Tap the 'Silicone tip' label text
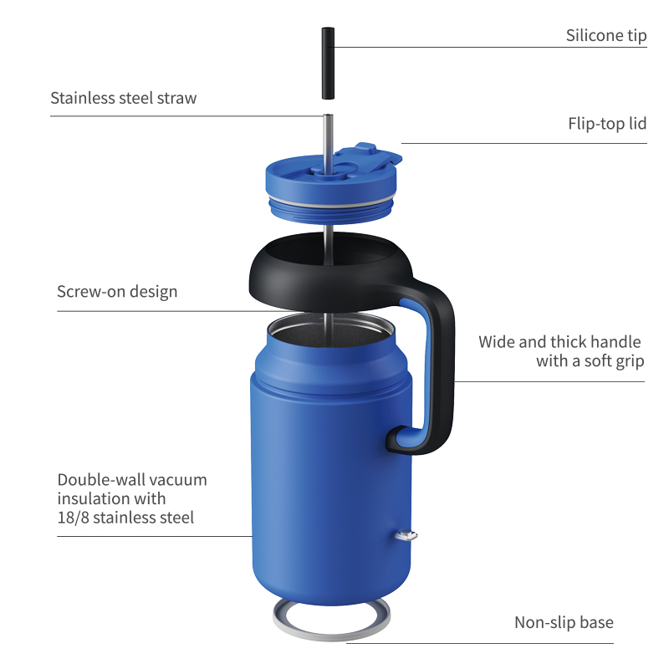coord(605,36)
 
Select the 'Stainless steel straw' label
coord(124,98)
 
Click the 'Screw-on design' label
coord(117,292)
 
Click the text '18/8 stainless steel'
coord(125,518)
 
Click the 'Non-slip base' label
coord(564,623)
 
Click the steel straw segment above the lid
coord(327,138)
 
